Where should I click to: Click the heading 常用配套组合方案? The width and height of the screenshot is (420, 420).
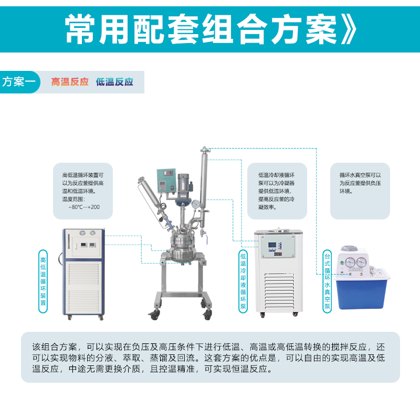pyautogui.click(x=201, y=29)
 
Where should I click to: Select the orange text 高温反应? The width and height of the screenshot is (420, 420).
pyautogui.click(x=70, y=82)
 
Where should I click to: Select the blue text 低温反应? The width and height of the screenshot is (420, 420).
pyautogui.click(x=114, y=82)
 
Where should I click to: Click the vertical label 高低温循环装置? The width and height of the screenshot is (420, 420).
pyautogui.click(x=43, y=281)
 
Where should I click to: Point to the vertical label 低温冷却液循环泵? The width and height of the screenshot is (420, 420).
pyautogui.click(x=243, y=281)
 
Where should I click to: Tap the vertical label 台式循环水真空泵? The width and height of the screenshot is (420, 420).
pyautogui.click(x=327, y=281)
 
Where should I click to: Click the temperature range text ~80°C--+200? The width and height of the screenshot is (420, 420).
pyautogui.click(x=84, y=207)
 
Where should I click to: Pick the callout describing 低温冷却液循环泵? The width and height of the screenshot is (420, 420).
pyautogui.click(x=277, y=191)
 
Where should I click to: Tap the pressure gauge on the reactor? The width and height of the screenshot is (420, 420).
pyautogui.click(x=196, y=204)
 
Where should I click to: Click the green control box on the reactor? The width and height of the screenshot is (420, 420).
pyautogui.click(x=166, y=181)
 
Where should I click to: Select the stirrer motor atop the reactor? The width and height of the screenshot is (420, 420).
pyautogui.click(x=183, y=185)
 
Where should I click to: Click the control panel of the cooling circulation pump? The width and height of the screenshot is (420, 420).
pyautogui.click(x=278, y=247)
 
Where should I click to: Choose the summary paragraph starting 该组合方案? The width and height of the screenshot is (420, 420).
pyautogui.click(x=208, y=358)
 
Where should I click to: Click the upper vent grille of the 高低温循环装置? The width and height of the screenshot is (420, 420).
pyautogui.click(x=84, y=274)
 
